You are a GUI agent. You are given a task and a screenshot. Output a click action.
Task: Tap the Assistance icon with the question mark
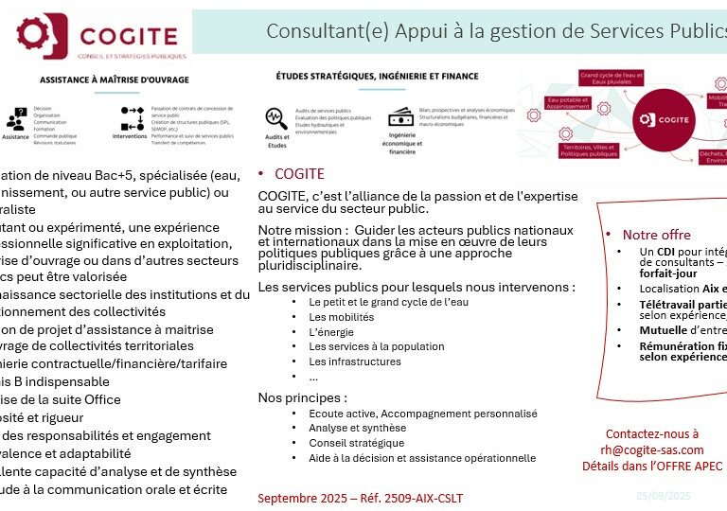[15, 121]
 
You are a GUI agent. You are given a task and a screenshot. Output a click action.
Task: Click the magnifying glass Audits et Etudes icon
[276, 118]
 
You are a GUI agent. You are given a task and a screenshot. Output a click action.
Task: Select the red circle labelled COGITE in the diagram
[661, 119]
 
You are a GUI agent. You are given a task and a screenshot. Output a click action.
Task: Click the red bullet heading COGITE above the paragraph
[299, 174]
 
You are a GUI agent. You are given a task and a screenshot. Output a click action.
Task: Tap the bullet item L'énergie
[331, 332]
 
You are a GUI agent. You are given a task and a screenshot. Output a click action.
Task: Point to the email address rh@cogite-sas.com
[652, 450]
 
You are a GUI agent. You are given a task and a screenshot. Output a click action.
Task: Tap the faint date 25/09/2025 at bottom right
[663, 495]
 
